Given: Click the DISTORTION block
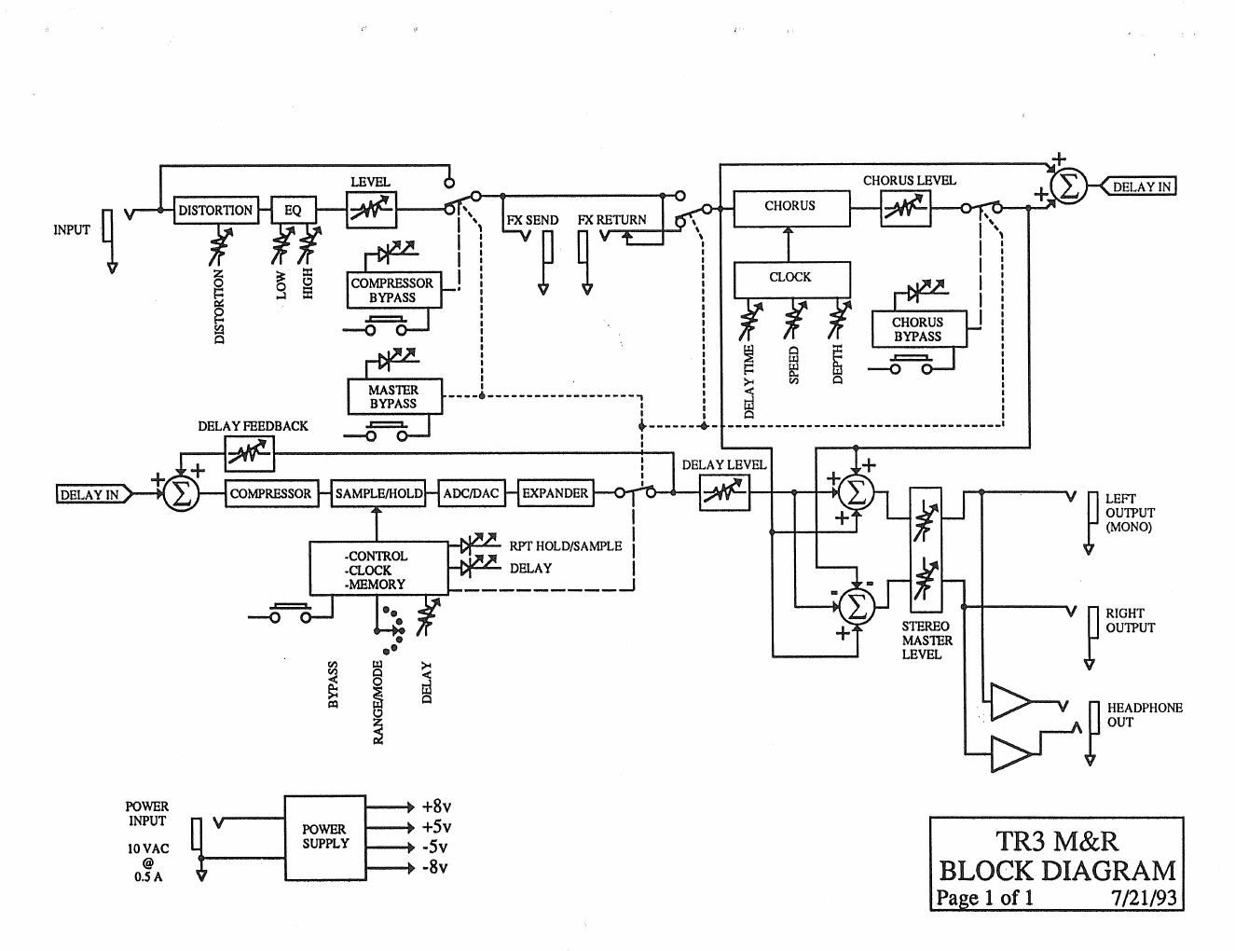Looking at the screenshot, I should pyautogui.click(x=215, y=210).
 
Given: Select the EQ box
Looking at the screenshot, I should pyautogui.click(x=294, y=211).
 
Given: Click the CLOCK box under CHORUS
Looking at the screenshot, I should pyautogui.click(x=790, y=278).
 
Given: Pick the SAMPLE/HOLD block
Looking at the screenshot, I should pyautogui.click(x=379, y=493).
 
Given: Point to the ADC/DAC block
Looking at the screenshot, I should pyautogui.click(x=470, y=493).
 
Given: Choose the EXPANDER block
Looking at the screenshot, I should pyautogui.click(x=555, y=493).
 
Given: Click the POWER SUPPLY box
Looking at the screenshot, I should pyautogui.click(x=324, y=836).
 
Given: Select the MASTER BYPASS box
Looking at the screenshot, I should pyautogui.click(x=393, y=396).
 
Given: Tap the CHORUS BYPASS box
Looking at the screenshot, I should pyautogui.click(x=918, y=329).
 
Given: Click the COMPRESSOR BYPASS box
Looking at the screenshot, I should pyautogui.click(x=392, y=290).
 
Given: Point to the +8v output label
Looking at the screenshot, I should pyautogui.click(x=436, y=806).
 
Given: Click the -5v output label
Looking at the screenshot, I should pyautogui.click(x=435, y=848).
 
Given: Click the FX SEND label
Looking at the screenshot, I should pyautogui.click(x=533, y=221).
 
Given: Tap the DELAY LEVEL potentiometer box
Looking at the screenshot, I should pyautogui.click(x=724, y=492).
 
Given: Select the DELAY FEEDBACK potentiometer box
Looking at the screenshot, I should pyautogui.click(x=250, y=453).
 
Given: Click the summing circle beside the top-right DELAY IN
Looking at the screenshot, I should pyautogui.click(x=1069, y=187).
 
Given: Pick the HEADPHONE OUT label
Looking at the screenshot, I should pyautogui.click(x=1145, y=715).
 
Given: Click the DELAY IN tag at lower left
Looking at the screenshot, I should pyautogui.click(x=90, y=495).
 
